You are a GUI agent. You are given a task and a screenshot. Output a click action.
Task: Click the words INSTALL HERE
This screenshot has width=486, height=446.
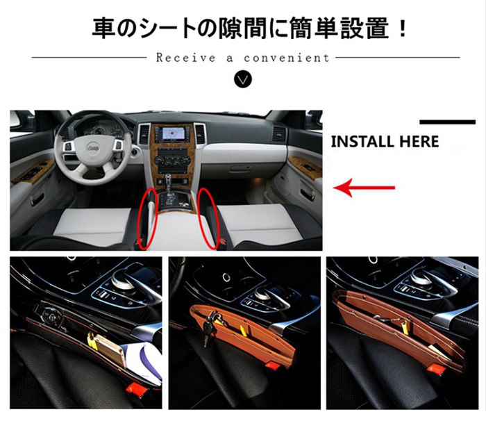[x=385, y=142]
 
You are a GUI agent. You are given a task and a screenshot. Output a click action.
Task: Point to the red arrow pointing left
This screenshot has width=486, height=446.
[x=364, y=188]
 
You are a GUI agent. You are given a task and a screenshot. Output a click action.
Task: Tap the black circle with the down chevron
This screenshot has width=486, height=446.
[x=243, y=79]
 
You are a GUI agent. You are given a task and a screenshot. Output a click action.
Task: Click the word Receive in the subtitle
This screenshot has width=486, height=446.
[x=185, y=58]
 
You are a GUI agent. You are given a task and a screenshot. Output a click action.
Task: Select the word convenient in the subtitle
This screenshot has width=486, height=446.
[x=286, y=58]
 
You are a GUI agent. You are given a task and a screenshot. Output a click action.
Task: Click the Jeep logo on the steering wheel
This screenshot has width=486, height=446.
[x=93, y=148]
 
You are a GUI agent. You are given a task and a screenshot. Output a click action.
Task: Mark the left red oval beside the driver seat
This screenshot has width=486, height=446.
[x=148, y=218]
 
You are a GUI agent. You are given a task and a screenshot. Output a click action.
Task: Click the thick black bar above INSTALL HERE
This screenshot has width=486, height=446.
[x=447, y=122]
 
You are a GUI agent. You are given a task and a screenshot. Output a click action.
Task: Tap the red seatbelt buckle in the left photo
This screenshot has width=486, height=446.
[x=135, y=390]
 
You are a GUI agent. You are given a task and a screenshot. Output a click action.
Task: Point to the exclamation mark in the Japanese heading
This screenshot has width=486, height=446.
[x=403, y=28]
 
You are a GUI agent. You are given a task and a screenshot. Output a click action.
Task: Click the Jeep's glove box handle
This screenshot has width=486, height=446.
[x=245, y=168]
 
